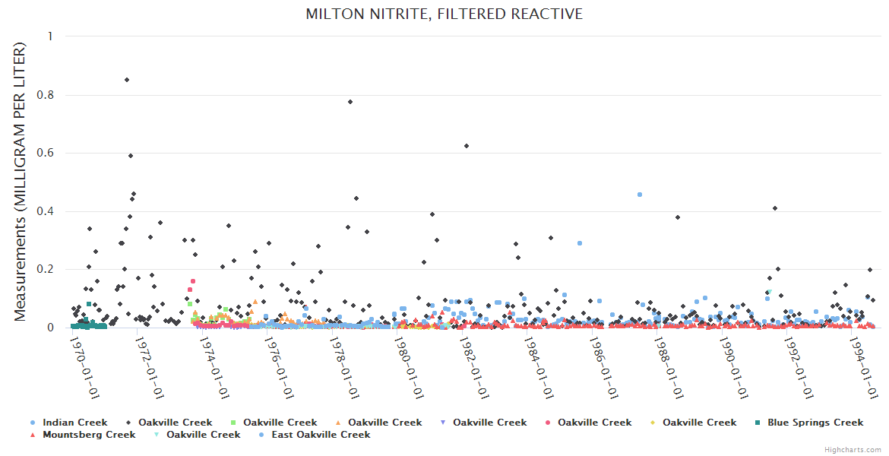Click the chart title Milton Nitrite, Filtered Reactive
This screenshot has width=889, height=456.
(x=444, y=14)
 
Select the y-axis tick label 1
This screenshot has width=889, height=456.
(x=50, y=36)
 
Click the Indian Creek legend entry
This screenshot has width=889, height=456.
(x=74, y=423)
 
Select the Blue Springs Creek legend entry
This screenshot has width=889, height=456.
(x=815, y=423)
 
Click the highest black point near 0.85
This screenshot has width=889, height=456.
(x=127, y=80)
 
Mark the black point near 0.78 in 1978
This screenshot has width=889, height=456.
(x=350, y=102)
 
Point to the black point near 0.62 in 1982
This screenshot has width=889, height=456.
(x=467, y=146)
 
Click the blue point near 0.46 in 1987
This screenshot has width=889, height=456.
(x=640, y=195)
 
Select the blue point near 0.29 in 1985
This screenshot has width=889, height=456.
(x=580, y=243)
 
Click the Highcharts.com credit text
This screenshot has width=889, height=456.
(x=853, y=450)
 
